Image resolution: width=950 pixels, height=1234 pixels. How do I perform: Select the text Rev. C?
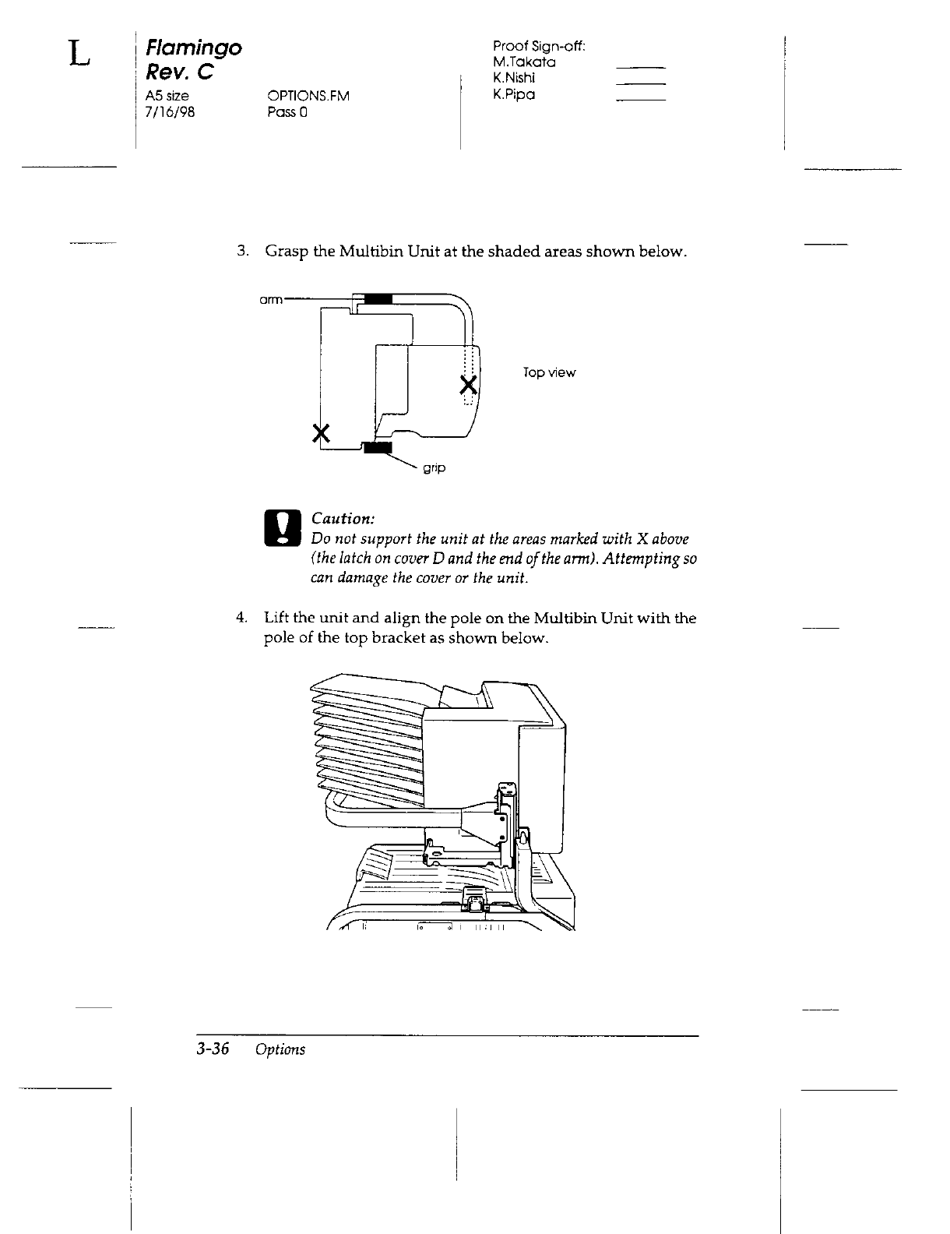pyautogui.click(x=178, y=73)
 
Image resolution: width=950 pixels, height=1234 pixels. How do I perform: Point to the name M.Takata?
pyautogui.click(x=524, y=62)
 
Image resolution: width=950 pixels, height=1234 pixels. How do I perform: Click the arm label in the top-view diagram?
pyautogui.click(x=271, y=298)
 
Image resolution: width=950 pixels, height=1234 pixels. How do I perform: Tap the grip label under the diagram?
pyautogui.click(x=434, y=469)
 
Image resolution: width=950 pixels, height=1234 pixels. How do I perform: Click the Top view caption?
pyautogui.click(x=550, y=373)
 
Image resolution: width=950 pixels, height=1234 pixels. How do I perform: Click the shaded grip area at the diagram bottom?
pyautogui.click(x=379, y=446)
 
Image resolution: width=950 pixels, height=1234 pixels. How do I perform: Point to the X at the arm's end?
pyautogui.click(x=468, y=385)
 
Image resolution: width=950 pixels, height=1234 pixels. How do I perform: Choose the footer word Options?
pyautogui.click(x=280, y=1049)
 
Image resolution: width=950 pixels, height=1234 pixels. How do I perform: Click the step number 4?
pyautogui.click(x=241, y=619)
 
